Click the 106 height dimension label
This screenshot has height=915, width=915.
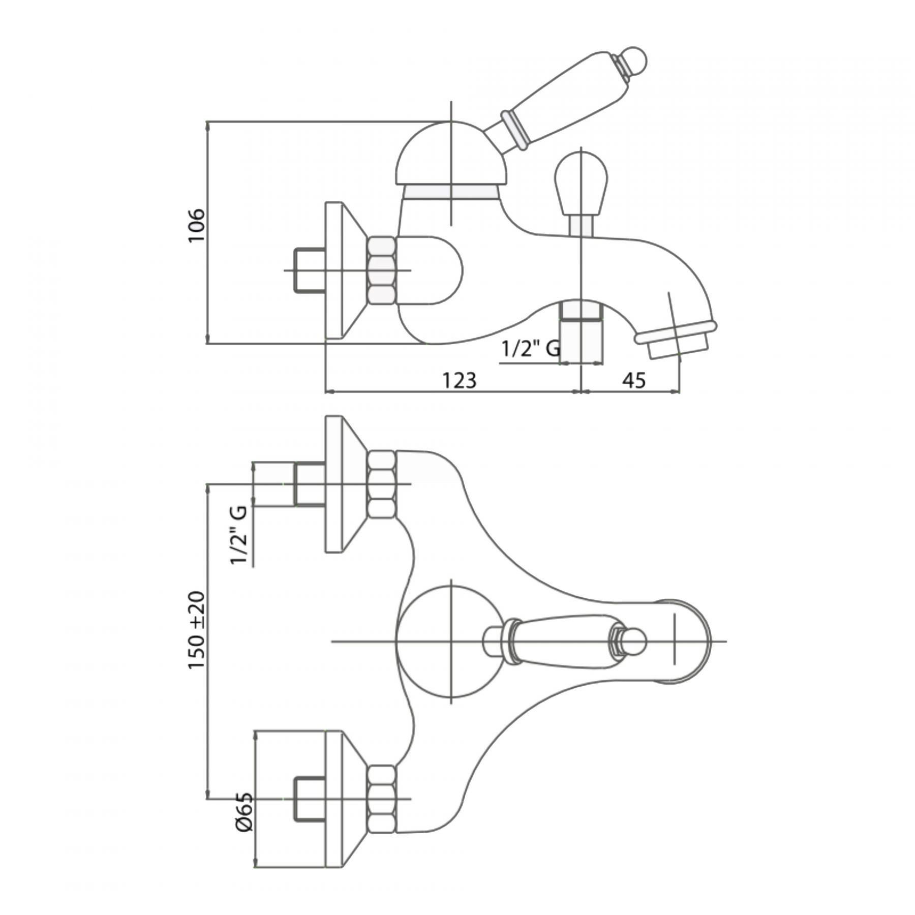[196, 225]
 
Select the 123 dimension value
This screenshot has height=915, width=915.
[459, 380]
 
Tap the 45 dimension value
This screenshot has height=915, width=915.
[634, 380]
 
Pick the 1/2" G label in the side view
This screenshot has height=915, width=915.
[531, 349]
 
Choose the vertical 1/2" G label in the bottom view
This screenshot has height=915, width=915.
[239, 535]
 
